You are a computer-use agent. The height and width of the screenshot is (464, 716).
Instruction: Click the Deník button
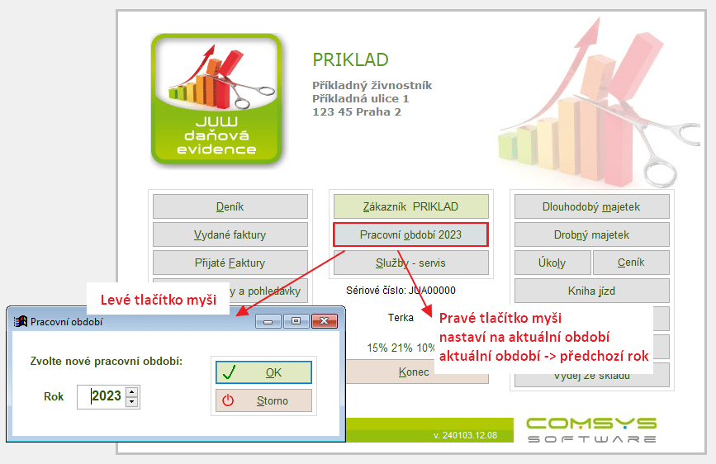pyautogui.click(x=230, y=206)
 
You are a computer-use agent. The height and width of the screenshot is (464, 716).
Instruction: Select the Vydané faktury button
pyautogui.click(x=230, y=234)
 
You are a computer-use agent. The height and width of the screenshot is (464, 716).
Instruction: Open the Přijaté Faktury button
pyautogui.click(x=230, y=263)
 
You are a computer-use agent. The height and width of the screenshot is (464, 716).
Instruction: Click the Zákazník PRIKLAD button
pyautogui.click(x=411, y=206)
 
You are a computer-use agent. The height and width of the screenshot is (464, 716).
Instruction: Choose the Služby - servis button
pyautogui.click(x=411, y=263)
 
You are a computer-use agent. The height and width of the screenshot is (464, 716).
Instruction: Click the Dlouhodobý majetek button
pyautogui.click(x=592, y=206)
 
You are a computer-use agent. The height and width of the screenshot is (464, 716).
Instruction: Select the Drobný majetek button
pyautogui.click(x=592, y=234)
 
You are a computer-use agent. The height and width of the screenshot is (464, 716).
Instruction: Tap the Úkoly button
pyautogui.click(x=552, y=263)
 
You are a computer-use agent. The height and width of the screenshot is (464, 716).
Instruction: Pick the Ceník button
pyautogui.click(x=631, y=263)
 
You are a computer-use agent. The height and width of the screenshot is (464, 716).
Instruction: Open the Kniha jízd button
pyautogui.click(x=592, y=291)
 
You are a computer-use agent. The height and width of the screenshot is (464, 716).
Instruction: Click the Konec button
pyautogui.click(x=414, y=372)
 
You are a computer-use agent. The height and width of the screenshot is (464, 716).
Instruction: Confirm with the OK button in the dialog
pyautogui.click(x=264, y=372)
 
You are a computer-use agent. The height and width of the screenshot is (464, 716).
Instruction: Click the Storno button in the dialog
pyautogui.click(x=264, y=400)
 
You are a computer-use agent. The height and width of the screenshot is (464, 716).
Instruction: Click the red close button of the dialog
pyautogui.click(x=325, y=321)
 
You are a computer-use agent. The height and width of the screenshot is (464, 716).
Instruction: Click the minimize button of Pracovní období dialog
pyautogui.click(x=268, y=321)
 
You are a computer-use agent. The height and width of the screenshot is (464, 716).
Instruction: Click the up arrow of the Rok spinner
pyautogui.click(x=132, y=392)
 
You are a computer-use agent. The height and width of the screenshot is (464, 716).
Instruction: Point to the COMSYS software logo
pyautogui.click(x=592, y=430)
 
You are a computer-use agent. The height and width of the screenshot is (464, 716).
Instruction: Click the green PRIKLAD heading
pyautogui.click(x=350, y=59)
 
